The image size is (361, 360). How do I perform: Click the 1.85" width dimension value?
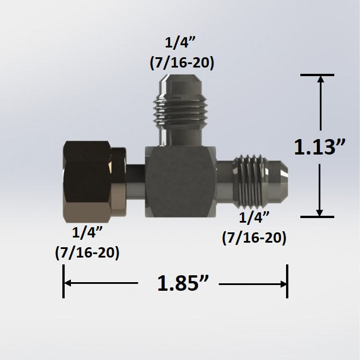coord(178,283)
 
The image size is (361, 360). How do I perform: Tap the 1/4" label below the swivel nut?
coord(87,233)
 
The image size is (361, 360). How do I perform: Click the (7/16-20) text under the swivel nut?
coord(87,252)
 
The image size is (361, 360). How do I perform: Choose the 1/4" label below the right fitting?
coord(254,217)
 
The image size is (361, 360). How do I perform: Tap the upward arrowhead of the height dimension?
coord(320,81)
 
